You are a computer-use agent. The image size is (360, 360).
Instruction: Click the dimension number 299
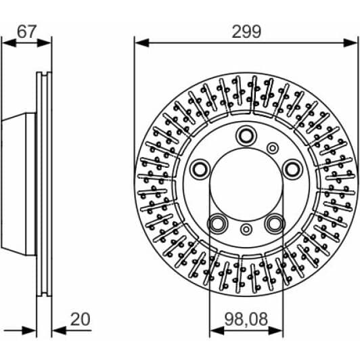[246, 30]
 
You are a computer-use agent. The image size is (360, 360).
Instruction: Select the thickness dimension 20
[81, 318]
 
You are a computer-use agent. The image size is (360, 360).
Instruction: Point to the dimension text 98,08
[246, 318]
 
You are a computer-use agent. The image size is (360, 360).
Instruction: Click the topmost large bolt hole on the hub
[245, 137]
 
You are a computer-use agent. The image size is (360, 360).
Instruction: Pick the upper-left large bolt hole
[200, 168]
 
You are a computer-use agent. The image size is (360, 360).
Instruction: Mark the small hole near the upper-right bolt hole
[272, 148]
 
